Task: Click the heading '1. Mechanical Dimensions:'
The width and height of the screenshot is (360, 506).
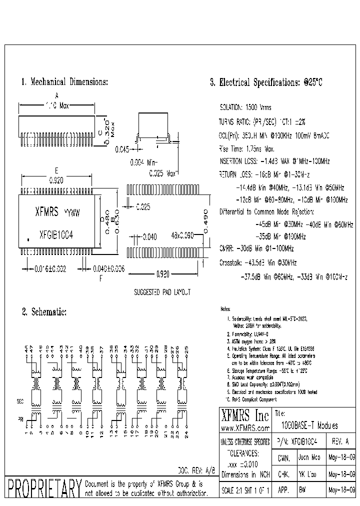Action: tap(64, 81)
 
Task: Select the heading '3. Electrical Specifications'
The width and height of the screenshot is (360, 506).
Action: tap(266, 83)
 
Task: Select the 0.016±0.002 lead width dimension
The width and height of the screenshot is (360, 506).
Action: tap(45, 269)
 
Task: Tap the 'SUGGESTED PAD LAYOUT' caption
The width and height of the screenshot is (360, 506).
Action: tap(162, 292)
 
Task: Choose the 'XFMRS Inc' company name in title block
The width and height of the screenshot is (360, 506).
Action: tap(244, 415)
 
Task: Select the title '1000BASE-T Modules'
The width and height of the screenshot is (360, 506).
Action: tap(309, 426)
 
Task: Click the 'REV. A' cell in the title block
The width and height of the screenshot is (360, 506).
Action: tap(340, 442)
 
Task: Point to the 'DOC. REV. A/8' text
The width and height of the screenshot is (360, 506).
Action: tap(196, 470)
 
